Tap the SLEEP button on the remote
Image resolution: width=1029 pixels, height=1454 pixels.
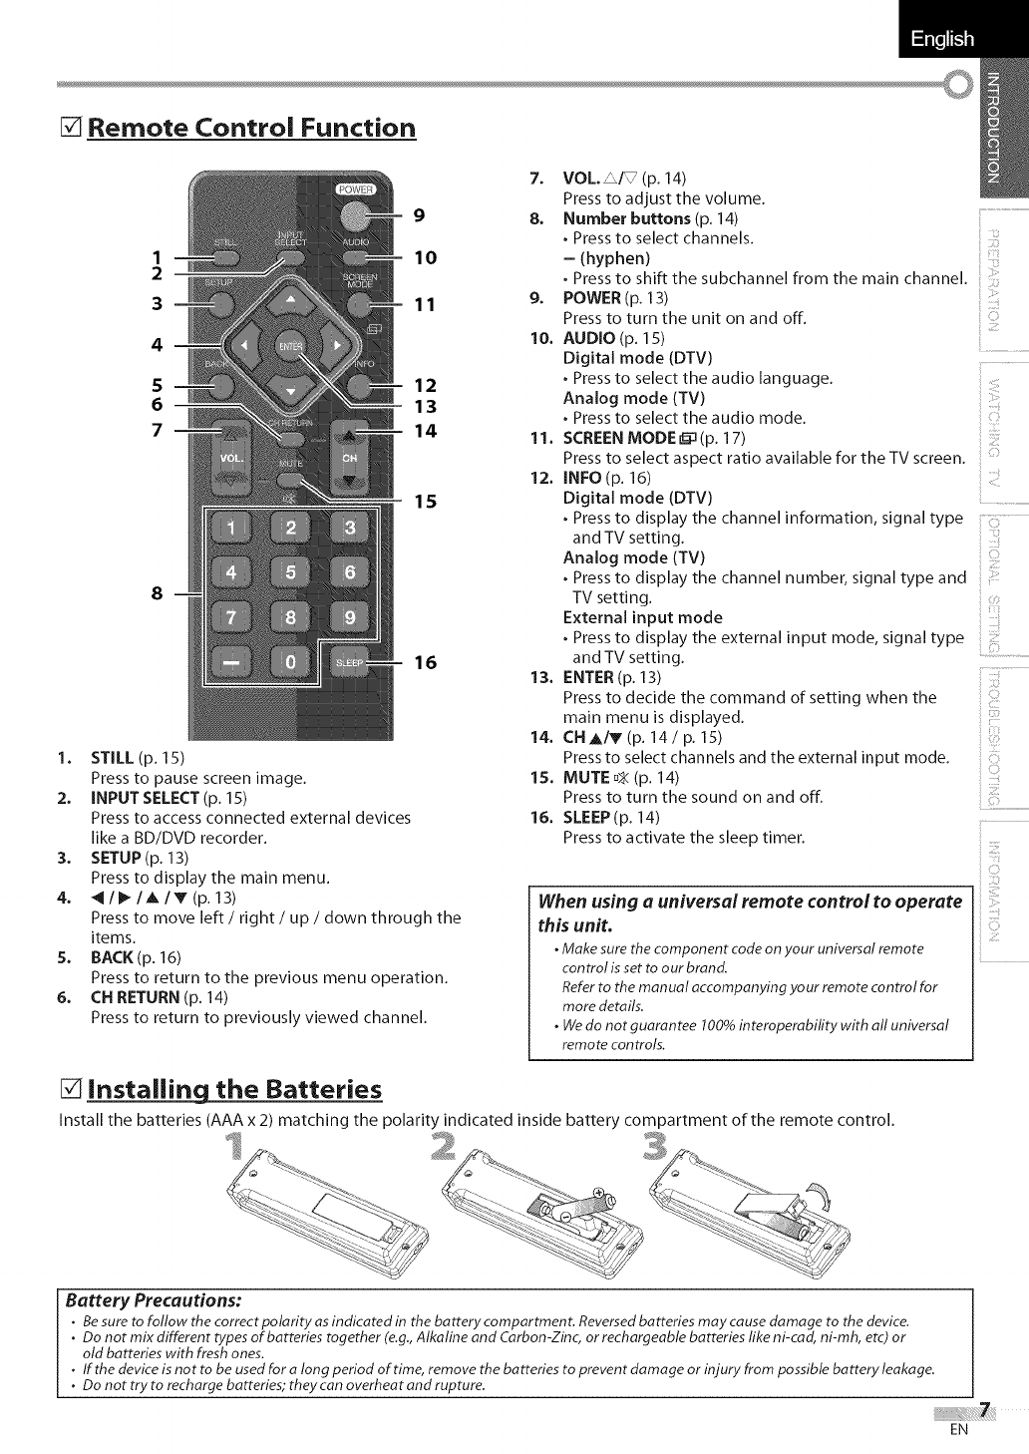[x=349, y=662]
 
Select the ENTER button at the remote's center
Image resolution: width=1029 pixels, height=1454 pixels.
[x=289, y=345]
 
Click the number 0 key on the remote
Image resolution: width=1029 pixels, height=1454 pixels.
[x=290, y=662]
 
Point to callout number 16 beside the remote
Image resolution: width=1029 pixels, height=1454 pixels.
[x=426, y=662]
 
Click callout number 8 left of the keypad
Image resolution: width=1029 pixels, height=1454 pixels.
[x=157, y=593]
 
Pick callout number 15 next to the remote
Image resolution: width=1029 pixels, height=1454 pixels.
[x=426, y=501]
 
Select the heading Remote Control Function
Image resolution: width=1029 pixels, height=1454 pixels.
[x=251, y=128]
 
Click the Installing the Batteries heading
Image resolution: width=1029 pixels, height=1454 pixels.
[x=234, y=1087]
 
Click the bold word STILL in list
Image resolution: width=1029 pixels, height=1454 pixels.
[x=114, y=757]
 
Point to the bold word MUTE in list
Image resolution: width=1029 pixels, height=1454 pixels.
[x=585, y=777]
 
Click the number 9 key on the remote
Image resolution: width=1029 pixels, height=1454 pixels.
[x=349, y=617]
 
